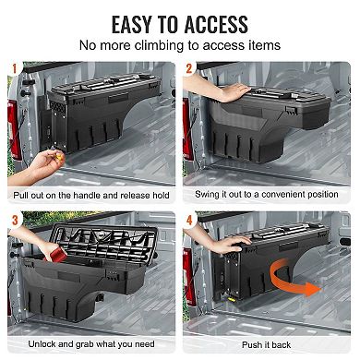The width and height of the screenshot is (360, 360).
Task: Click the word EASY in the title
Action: pos(140,22)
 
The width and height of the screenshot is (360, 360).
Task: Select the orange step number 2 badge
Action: pos(190,68)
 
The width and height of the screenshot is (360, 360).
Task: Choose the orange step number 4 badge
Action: pos(190,220)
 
